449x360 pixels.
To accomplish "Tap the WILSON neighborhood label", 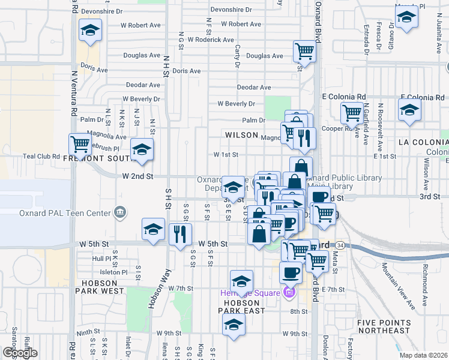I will [241, 136].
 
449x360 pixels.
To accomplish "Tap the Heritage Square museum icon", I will [289, 292].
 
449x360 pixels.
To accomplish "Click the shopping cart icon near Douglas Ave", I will [305, 50].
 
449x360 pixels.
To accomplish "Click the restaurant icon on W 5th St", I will [179, 233].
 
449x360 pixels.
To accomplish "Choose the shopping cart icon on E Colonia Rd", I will [352, 112].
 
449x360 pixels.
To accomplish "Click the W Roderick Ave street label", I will [211, 40].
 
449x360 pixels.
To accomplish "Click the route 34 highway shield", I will [340, 245].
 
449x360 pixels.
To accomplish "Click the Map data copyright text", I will [423, 355].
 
